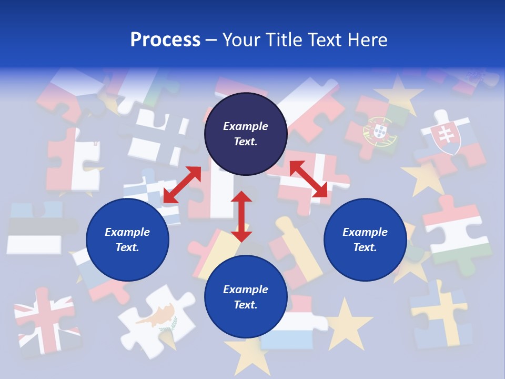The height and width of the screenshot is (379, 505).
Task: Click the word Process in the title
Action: click(165, 39)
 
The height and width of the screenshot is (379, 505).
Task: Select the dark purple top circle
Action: click(246, 134)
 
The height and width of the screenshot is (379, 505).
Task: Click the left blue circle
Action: click(127, 240)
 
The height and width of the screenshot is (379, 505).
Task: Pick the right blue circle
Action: click(365, 240)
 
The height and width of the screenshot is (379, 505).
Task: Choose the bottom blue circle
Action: click(246, 297)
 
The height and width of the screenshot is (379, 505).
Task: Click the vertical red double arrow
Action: click(241, 216)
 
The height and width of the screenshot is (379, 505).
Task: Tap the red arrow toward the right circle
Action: click(308, 179)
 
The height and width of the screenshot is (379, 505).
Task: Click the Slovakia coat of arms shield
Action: click(446, 138)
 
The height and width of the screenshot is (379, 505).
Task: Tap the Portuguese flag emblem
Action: click(375, 132)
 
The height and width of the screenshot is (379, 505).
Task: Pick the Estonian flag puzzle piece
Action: click(35, 227)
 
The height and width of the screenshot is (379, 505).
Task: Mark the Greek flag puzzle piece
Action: click(150, 195)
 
